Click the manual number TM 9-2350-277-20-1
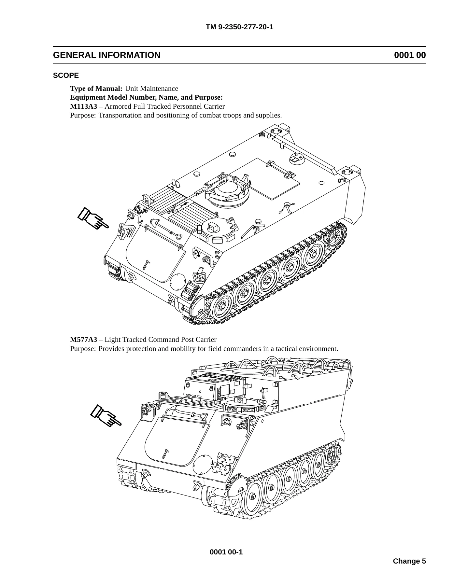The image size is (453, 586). [x=239, y=27]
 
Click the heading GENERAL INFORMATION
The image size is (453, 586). [x=107, y=55]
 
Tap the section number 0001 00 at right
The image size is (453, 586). [x=410, y=55]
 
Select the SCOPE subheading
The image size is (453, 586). [x=66, y=76]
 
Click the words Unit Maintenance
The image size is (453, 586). [x=152, y=89]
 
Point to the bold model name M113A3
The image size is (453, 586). [x=84, y=106]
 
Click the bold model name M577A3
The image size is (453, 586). [x=84, y=340]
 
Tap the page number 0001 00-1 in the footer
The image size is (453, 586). [x=226, y=552]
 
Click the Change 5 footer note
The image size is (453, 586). [x=409, y=561]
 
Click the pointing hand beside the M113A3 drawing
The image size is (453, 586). [x=93, y=218]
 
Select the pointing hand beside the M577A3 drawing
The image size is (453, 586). [x=106, y=415]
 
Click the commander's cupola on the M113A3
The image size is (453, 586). [x=228, y=192]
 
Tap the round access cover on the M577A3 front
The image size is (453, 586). [x=203, y=464]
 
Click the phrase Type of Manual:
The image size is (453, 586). [x=96, y=89]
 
